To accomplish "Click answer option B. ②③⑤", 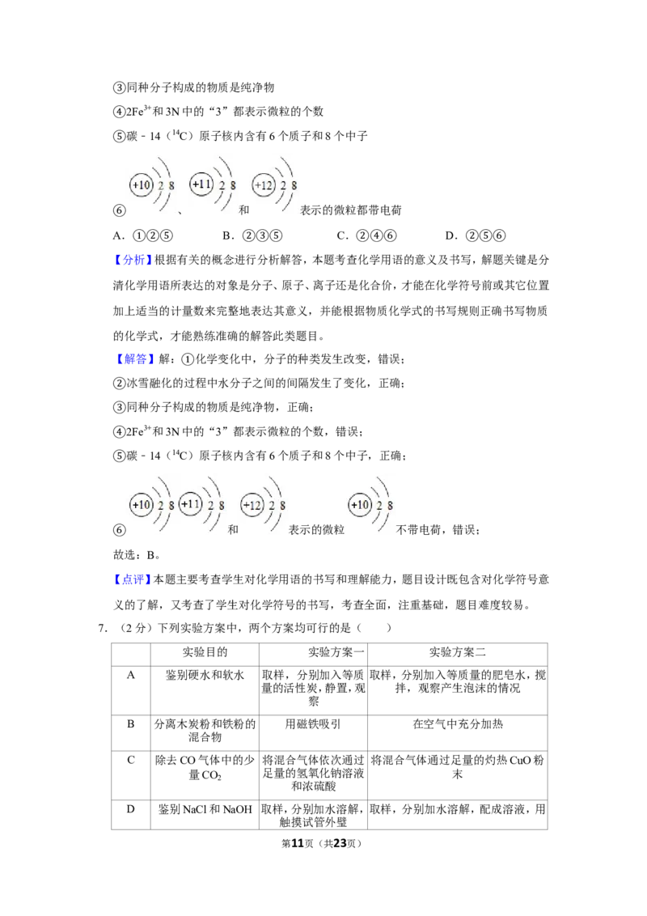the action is coord(252,235).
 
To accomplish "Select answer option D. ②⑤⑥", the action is coord(475,235).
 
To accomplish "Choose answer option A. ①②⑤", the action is coord(142,235).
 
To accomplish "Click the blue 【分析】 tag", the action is coord(133,260).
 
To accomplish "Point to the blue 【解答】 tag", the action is coord(133,358).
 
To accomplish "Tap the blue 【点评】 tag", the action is coord(133,579).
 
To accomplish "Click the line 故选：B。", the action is coord(137,555).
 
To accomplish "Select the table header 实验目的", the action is coord(205,652).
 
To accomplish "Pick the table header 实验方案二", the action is coord(457,652).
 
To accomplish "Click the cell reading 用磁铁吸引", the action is coord(313,724).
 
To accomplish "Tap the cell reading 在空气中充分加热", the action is coord(457,724).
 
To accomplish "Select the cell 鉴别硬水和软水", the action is coord(205,676).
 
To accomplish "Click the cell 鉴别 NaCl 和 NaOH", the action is coord(205,810).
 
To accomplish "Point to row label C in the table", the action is coord(131,760).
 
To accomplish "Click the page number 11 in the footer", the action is coord(298,843).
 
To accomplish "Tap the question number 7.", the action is coord(102,628).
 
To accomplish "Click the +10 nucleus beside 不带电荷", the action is coord(360,505).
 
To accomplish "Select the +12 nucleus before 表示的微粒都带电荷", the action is coord(264,185).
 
